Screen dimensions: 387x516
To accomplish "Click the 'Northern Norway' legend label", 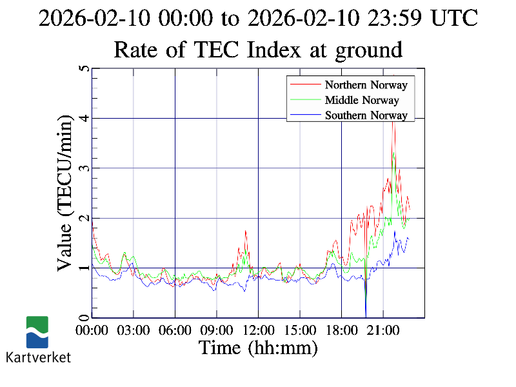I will click(366, 84).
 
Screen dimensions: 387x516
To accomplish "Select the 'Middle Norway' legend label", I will click(362, 100).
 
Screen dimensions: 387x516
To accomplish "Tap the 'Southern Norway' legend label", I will click(366, 115).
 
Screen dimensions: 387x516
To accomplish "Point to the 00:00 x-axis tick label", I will click(92, 330).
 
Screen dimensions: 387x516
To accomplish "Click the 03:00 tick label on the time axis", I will click(134, 330).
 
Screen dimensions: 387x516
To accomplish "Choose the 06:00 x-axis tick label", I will click(175, 330).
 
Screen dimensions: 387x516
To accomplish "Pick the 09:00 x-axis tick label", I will click(217, 330).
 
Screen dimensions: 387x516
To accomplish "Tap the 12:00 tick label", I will click(258, 330).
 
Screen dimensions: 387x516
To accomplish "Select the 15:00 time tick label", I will click(300, 330).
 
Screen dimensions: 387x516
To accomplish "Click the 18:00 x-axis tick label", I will click(341, 330).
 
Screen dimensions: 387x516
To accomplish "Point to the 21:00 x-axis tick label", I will click(383, 330).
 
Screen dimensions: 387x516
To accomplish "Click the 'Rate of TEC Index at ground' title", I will click(258, 49).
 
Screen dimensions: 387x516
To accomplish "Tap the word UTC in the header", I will click(455, 18).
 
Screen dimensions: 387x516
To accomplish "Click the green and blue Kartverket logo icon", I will click(37, 332).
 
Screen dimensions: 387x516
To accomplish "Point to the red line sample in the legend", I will click(305, 84).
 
